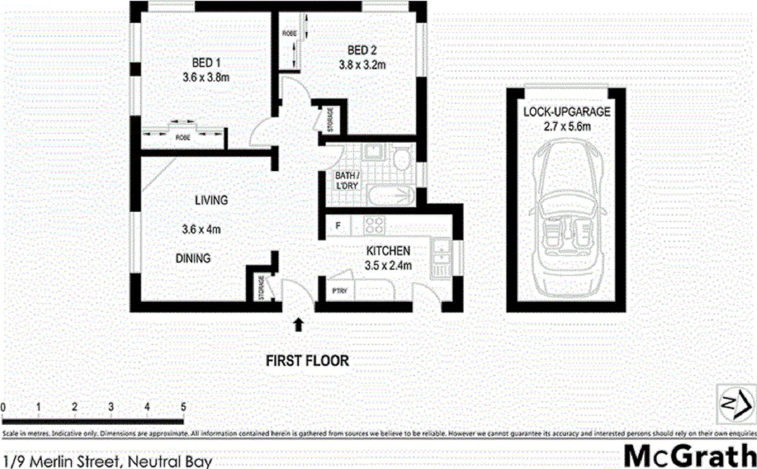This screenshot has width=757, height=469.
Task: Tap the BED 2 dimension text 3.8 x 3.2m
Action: point(362,65)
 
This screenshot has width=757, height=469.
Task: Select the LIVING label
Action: point(211,200)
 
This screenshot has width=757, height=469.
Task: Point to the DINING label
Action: point(193,258)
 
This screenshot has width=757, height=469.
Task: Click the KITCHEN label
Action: point(388,251)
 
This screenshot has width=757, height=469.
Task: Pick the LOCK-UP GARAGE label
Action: point(567,112)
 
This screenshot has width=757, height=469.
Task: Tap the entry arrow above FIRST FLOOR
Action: point(299,324)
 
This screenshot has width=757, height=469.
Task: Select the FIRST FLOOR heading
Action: point(307,361)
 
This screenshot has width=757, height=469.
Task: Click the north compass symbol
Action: point(735,403)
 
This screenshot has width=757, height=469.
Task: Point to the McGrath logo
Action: point(689,455)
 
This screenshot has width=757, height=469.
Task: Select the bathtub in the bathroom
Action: point(391,196)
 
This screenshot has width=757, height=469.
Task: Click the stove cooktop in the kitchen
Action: point(374,226)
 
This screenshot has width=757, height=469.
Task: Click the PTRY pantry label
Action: point(340,291)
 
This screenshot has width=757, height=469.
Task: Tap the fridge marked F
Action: point(338,226)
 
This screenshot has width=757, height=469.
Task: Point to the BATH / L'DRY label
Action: point(347,180)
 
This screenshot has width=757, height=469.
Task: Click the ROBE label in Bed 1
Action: point(182,138)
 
